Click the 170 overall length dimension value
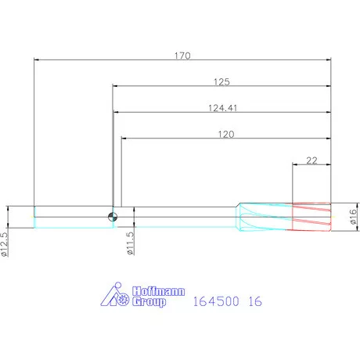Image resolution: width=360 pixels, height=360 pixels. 182,56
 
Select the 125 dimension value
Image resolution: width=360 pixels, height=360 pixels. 221,82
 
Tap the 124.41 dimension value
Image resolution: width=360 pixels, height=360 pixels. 223,108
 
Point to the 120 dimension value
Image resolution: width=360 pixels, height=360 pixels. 226,135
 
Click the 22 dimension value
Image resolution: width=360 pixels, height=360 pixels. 311,160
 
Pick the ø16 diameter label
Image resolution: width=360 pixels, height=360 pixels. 353,217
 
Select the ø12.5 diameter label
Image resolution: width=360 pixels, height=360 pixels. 5,244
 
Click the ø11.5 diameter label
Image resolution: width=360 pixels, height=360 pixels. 130,243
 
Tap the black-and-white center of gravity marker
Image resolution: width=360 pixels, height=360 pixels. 113,217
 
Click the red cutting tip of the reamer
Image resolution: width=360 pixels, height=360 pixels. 311,217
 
